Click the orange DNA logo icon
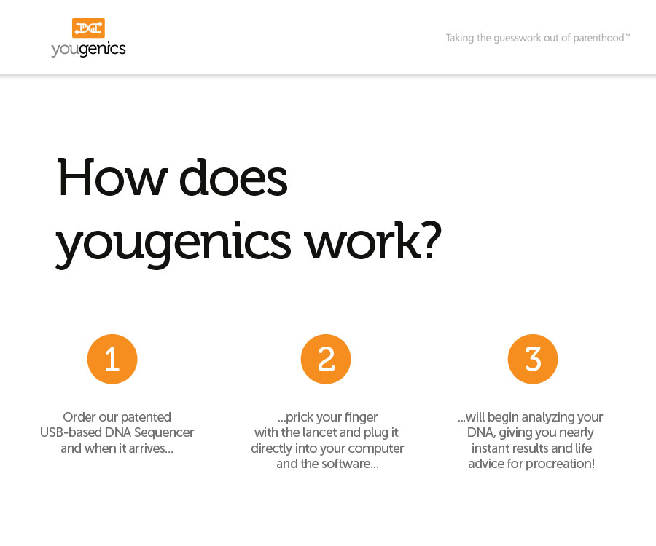click(x=88, y=28)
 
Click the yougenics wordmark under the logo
click(x=88, y=49)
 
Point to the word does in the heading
click(x=233, y=178)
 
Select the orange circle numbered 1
click(x=112, y=359)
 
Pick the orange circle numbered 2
click(x=326, y=359)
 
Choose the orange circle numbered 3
click(x=533, y=359)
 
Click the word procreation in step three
click(x=560, y=464)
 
